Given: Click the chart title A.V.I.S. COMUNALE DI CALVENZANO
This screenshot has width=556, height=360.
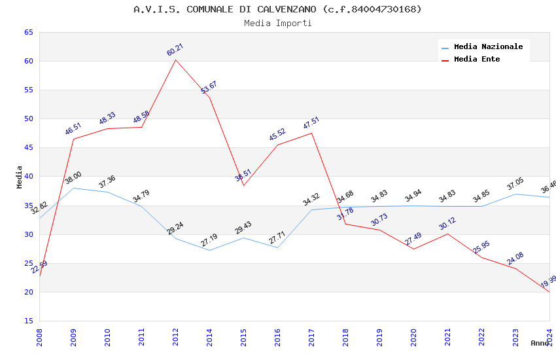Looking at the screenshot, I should pos(277,9).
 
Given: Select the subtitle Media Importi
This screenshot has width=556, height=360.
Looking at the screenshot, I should pos(277,24).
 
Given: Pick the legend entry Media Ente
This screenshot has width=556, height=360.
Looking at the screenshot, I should pos(477,60).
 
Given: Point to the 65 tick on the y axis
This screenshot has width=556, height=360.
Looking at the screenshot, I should pos(27,33).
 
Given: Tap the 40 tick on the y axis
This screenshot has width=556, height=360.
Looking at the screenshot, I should pos(27,177).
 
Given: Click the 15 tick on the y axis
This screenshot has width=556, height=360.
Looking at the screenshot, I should pos(27,321).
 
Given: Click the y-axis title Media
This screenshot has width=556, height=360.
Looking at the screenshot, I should pos(20,177).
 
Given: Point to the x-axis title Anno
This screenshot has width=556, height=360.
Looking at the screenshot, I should pos(540,343).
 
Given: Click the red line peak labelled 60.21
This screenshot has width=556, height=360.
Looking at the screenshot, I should pos(175,60).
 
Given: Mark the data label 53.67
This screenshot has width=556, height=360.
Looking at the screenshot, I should pos(209,88).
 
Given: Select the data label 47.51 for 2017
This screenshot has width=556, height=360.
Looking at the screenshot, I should pos(311,123).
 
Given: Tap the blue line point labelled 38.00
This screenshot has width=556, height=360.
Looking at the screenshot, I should pos(73,188).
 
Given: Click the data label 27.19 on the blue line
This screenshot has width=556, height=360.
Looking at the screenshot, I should pos(209,240).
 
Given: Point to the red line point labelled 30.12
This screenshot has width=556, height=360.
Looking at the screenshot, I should pos(447,234).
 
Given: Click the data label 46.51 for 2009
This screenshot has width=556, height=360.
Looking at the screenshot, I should pos(73,128).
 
